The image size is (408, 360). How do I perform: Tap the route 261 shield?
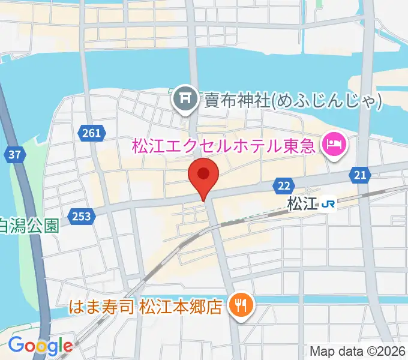click(92, 133)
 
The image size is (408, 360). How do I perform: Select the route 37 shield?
click(16, 155)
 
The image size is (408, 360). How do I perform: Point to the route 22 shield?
click(284, 187)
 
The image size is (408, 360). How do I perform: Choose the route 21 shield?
click(360, 175)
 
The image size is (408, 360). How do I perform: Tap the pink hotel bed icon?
click(332, 145)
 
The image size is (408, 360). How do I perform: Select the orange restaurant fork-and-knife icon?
click(242, 307)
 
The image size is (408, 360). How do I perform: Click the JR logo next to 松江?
click(328, 204)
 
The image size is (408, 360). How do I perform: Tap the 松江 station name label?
click(302, 204)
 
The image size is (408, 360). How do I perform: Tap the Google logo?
click(40, 345)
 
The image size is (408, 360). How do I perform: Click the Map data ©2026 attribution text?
click(358, 351)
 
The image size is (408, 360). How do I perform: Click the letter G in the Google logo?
click(16, 345)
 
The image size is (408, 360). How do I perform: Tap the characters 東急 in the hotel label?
click(302, 145)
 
